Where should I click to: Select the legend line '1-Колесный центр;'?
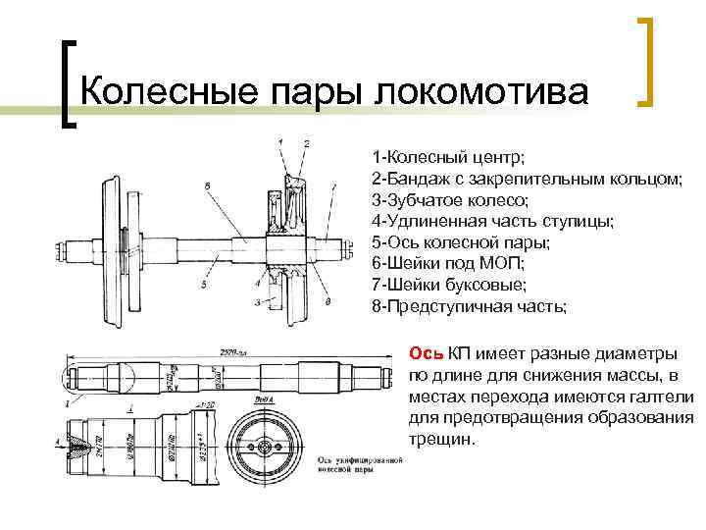(447, 157)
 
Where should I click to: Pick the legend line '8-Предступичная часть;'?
(469, 306)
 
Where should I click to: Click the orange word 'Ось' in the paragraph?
(426, 353)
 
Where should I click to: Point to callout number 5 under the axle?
(203, 285)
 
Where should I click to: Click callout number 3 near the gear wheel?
(256, 302)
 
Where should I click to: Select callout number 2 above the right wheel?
(307, 143)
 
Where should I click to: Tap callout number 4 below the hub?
(256, 283)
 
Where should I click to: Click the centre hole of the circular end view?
(265, 447)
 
